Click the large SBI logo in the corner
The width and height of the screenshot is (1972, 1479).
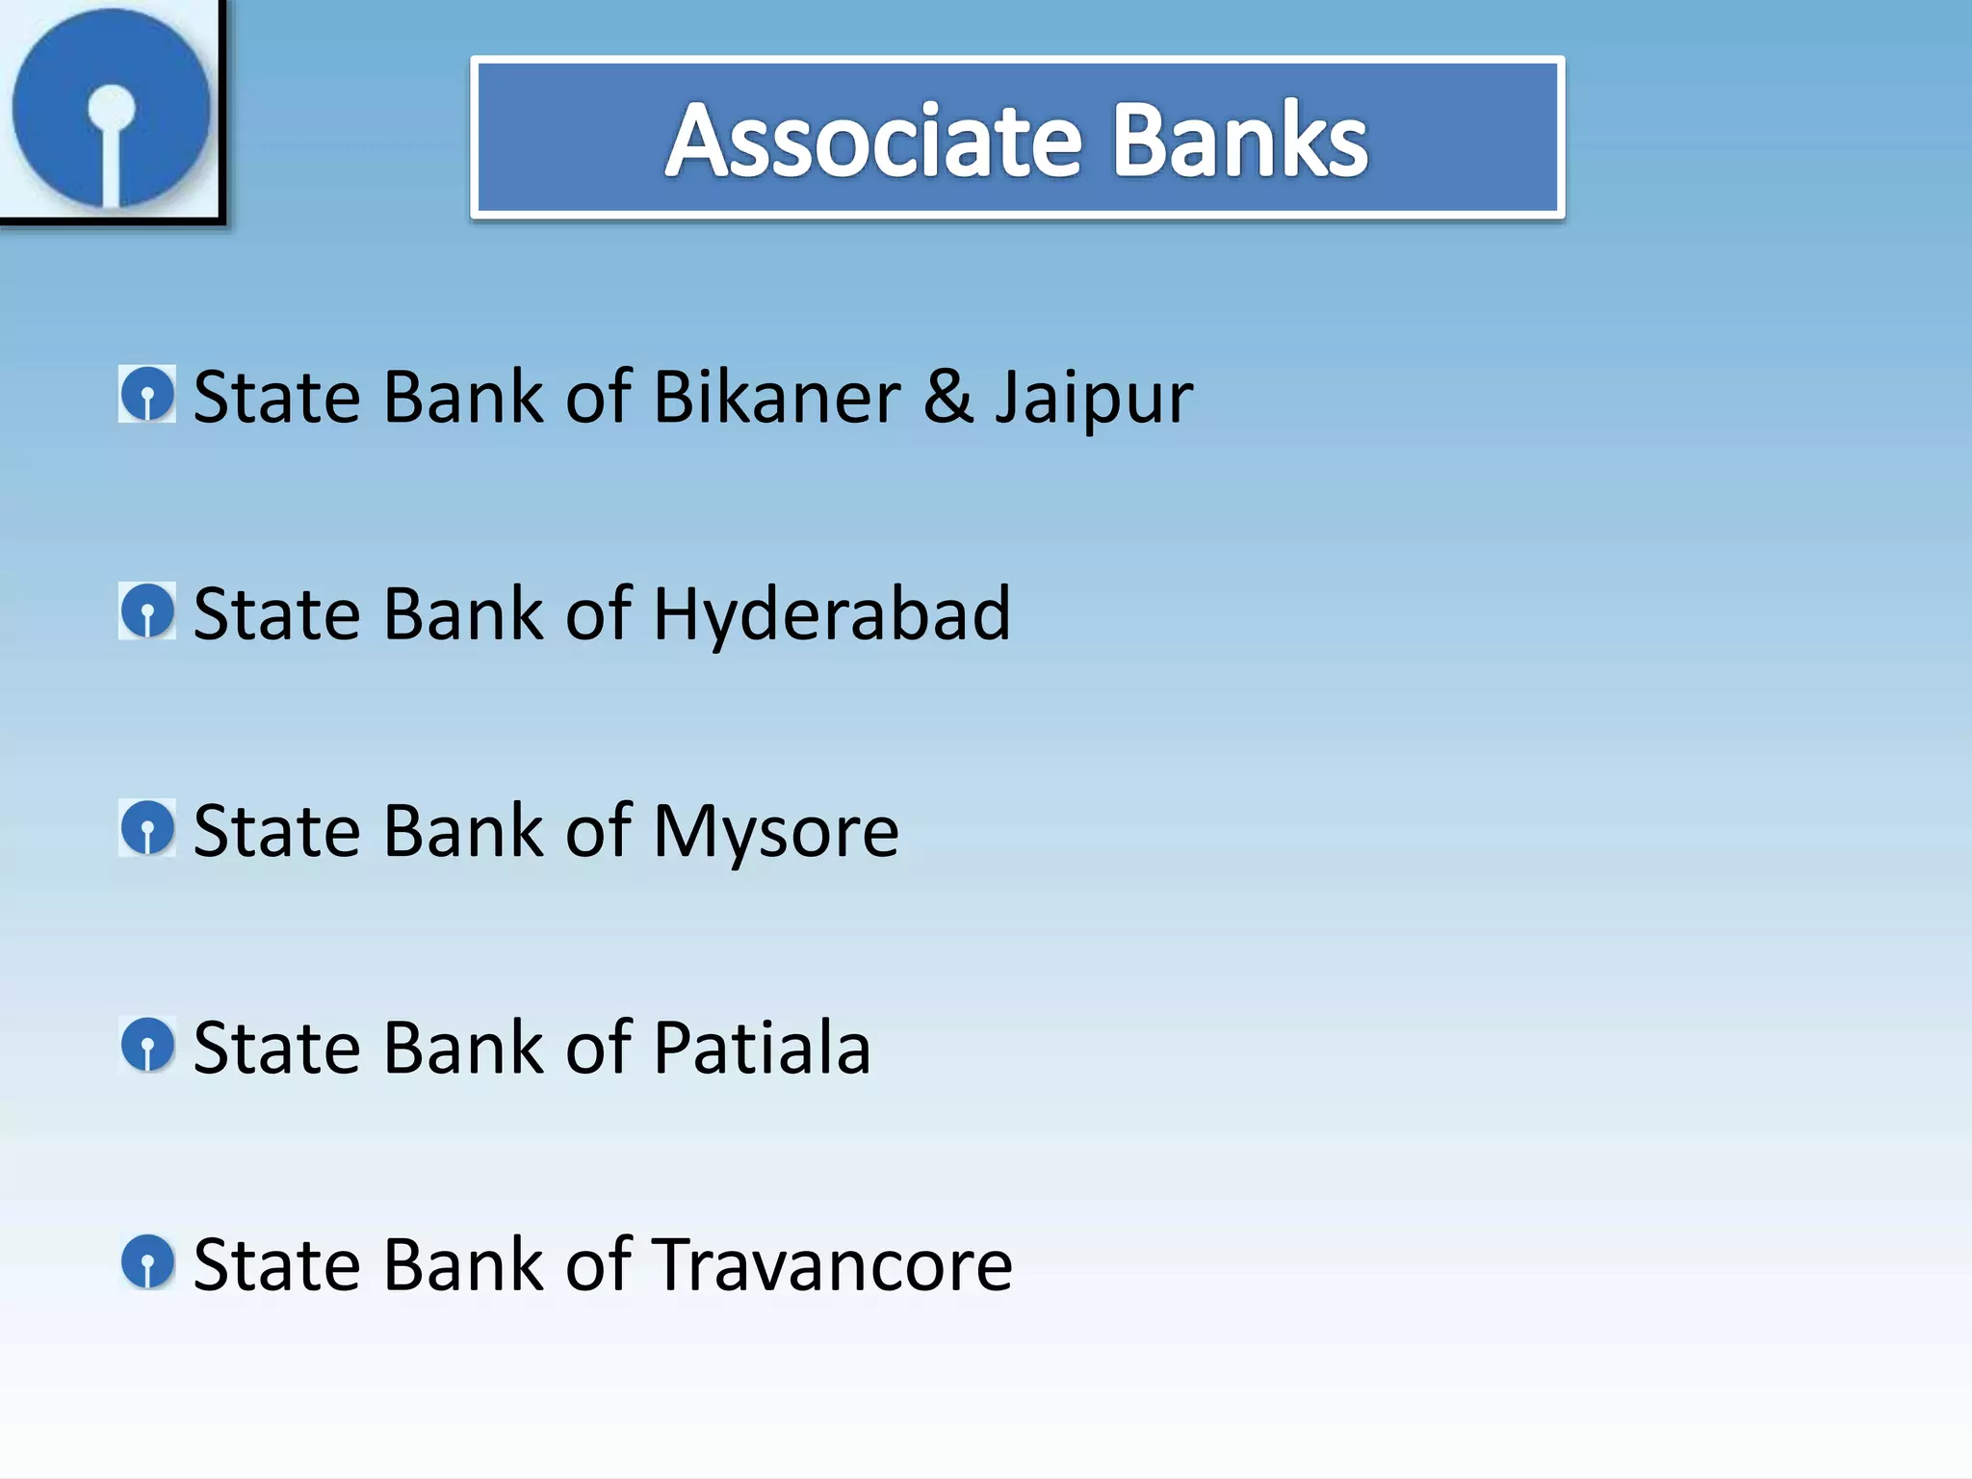click(x=111, y=109)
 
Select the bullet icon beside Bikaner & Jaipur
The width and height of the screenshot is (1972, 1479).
click(x=147, y=394)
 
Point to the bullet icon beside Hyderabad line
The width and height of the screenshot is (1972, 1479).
click(x=147, y=610)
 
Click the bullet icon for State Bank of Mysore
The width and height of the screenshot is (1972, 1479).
click(x=147, y=827)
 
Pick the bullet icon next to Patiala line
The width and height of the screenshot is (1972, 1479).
click(x=147, y=1045)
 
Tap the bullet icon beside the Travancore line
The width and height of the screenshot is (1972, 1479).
click(x=147, y=1262)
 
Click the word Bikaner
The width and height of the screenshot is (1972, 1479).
click(x=777, y=397)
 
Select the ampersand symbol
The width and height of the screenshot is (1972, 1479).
click(x=948, y=397)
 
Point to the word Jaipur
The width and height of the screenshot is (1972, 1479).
click(x=1094, y=400)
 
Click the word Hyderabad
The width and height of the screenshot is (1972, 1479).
click(x=832, y=614)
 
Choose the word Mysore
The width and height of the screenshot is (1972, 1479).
click(x=775, y=832)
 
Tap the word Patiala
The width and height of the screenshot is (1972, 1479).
click(x=762, y=1048)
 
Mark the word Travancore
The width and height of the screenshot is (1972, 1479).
click(x=833, y=1265)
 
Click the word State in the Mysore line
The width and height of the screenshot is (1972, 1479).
click(x=276, y=831)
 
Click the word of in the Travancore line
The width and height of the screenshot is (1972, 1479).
click(x=598, y=1265)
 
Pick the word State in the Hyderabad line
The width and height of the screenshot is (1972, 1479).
click(x=276, y=614)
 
